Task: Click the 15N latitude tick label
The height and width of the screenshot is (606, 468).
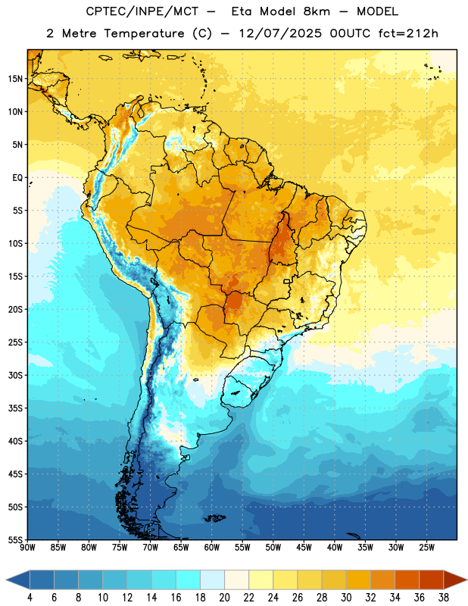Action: click(x=15, y=79)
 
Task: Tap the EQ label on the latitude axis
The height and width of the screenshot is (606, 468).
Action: click(x=17, y=178)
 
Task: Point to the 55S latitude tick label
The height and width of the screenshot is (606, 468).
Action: click(x=15, y=539)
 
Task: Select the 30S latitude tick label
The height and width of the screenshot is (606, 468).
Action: click(x=15, y=375)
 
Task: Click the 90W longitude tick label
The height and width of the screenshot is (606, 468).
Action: click(x=27, y=547)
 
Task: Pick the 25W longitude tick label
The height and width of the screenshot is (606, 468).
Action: click(x=426, y=547)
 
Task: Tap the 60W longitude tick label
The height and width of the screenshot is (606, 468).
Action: click(x=212, y=547)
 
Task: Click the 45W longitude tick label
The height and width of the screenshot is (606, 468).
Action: click(x=304, y=547)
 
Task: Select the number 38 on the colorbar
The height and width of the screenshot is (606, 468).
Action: click(x=444, y=598)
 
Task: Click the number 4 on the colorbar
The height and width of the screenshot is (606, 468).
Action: click(x=30, y=598)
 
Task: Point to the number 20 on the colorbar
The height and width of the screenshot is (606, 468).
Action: click(x=224, y=598)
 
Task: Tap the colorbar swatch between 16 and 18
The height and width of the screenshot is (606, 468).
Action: click(x=188, y=579)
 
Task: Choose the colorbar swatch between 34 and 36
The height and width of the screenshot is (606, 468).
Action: click(x=407, y=579)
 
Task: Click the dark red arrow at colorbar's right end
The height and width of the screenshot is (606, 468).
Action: click(x=454, y=579)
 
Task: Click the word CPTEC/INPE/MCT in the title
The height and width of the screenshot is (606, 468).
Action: click(x=142, y=11)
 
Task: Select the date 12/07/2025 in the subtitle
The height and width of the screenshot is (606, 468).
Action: click(x=280, y=33)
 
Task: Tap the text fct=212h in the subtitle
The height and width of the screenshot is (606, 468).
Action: click(x=408, y=33)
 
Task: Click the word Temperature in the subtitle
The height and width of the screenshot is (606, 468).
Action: click(x=144, y=34)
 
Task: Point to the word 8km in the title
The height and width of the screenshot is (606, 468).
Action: click(x=317, y=11)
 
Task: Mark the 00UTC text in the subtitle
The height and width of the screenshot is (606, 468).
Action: click(x=350, y=33)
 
